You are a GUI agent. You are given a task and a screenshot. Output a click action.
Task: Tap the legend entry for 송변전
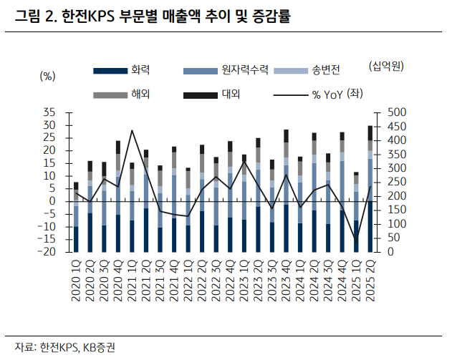[325, 70]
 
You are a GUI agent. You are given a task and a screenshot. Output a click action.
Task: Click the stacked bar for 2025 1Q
[356, 212]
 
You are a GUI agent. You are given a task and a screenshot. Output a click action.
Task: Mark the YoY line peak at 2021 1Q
[132, 130]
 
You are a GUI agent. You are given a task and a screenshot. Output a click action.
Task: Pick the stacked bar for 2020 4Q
[117, 197]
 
